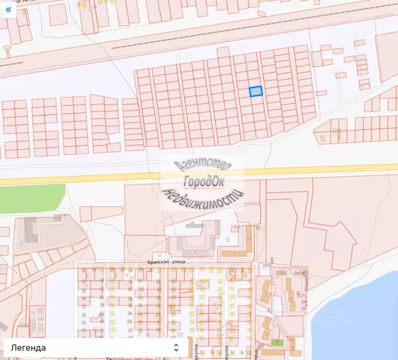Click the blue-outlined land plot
tap(255, 91)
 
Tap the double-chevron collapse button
tap(8, 9)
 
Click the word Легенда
tap(29, 347)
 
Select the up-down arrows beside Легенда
tap(176, 347)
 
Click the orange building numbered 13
tap(291, 299)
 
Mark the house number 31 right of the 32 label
tap(173, 281)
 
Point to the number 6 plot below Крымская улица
tap(242, 271)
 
